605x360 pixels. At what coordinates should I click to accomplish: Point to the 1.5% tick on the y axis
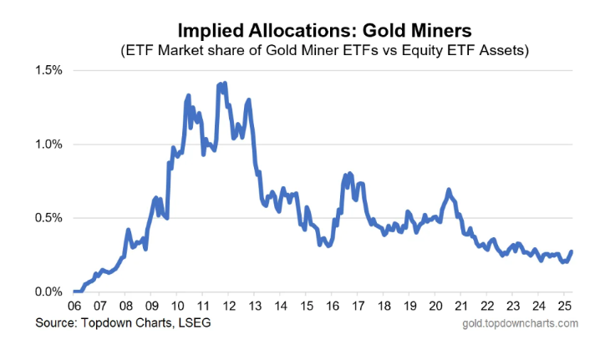click(x=48, y=69)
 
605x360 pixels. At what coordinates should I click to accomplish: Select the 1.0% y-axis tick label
click(x=48, y=144)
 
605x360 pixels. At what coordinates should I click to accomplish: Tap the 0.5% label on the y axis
click(x=48, y=218)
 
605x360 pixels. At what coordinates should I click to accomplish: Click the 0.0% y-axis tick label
click(x=48, y=292)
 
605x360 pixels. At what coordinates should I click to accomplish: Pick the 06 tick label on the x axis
click(x=74, y=307)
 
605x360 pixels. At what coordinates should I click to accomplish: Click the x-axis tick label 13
click(x=255, y=307)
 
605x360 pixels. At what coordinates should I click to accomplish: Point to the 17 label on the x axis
click(x=358, y=307)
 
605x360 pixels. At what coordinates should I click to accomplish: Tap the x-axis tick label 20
click(x=435, y=307)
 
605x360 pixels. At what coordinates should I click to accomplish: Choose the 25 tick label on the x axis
click(x=563, y=307)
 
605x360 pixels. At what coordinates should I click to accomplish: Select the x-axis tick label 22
click(x=486, y=307)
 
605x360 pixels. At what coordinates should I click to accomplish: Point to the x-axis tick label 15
click(x=307, y=307)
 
